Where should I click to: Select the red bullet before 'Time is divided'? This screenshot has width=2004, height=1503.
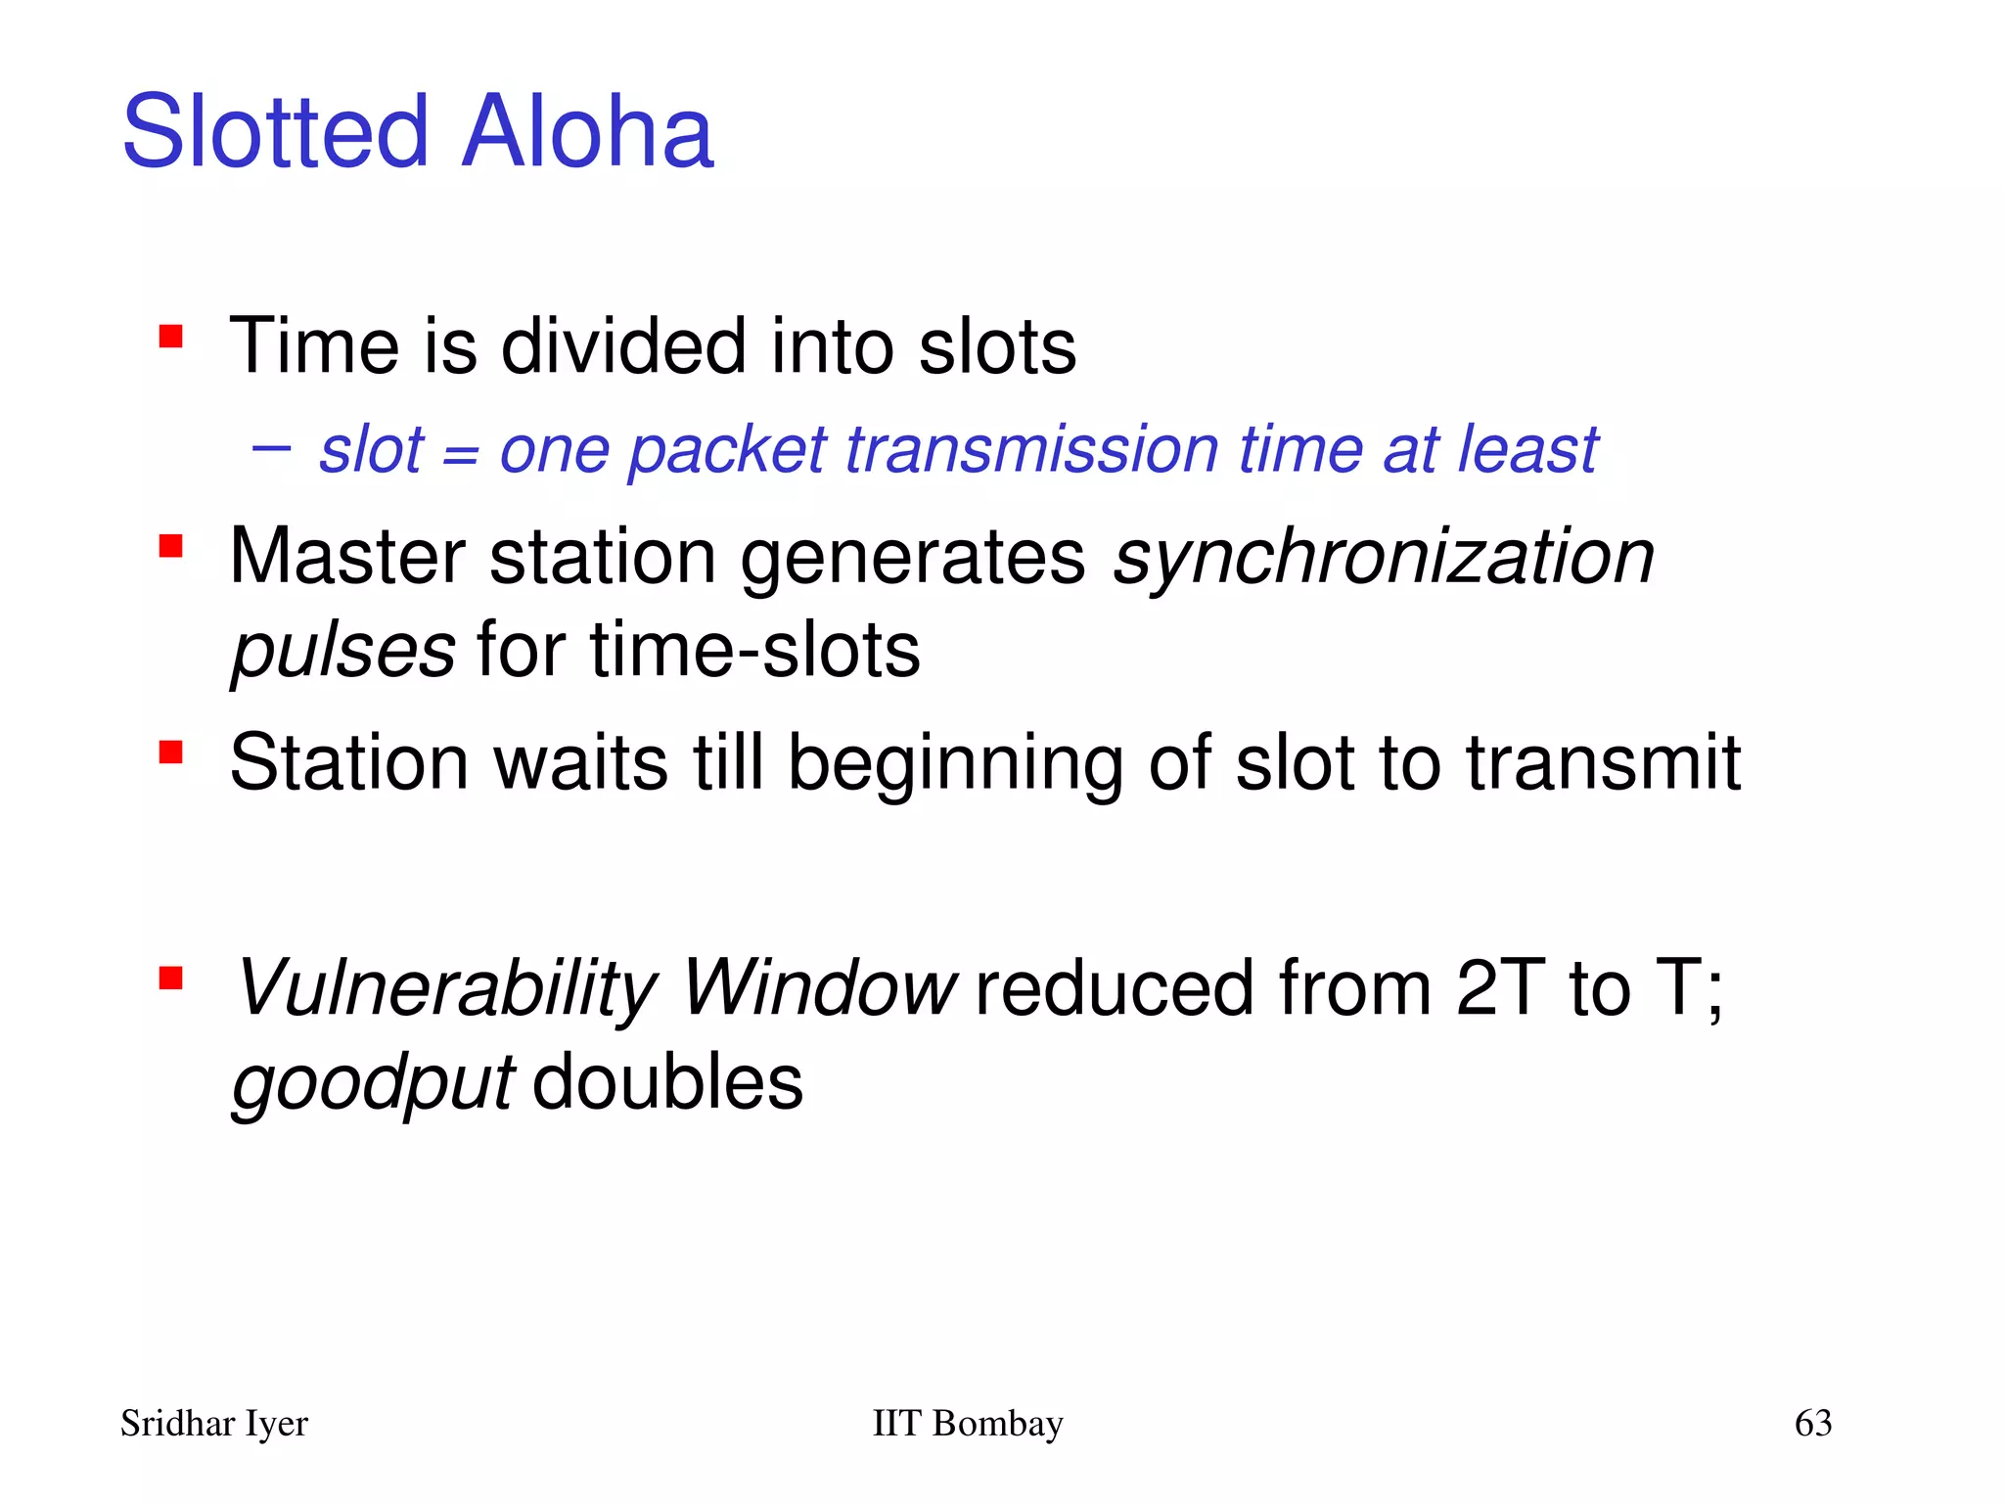pyautogui.click(x=171, y=338)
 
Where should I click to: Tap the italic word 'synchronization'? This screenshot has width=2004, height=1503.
pyautogui.click(x=1384, y=558)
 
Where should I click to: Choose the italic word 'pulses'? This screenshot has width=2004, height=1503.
pyautogui.click(x=342, y=651)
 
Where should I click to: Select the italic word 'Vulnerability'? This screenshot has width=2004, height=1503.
pyautogui.click(x=446, y=989)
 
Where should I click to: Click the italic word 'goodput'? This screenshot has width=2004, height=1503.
pyautogui.click(x=372, y=1084)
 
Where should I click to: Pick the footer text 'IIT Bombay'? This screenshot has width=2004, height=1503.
pyautogui.click(x=967, y=1424)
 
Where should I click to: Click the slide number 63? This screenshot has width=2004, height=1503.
pyautogui.click(x=1812, y=1424)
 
